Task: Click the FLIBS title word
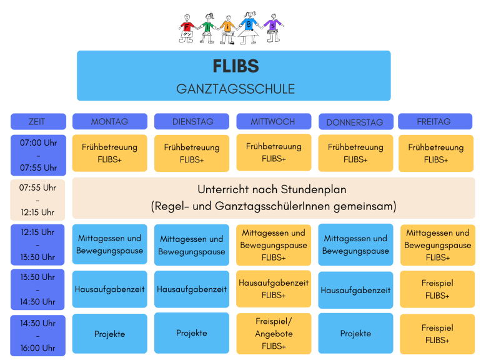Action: click(x=235, y=66)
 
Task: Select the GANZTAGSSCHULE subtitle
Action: click(x=235, y=89)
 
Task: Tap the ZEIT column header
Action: click(x=37, y=121)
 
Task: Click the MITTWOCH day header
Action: click(x=273, y=121)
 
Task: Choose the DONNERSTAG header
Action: click(x=355, y=122)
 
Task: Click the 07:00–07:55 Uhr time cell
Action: click(x=37, y=154)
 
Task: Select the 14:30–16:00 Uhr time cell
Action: click(x=37, y=336)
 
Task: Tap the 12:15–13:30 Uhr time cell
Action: click(x=37, y=244)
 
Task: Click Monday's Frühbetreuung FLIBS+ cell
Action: click(x=110, y=153)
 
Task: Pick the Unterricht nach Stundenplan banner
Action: click(x=273, y=197)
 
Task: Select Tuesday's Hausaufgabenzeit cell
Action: click(x=192, y=289)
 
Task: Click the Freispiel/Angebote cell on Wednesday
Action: click(x=274, y=333)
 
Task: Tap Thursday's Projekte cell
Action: click(x=355, y=333)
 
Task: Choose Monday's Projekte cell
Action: click(x=110, y=334)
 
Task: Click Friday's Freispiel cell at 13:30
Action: click(x=437, y=289)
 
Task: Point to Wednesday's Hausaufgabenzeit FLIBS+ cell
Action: click(x=274, y=289)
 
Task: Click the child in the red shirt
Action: click(x=187, y=28)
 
